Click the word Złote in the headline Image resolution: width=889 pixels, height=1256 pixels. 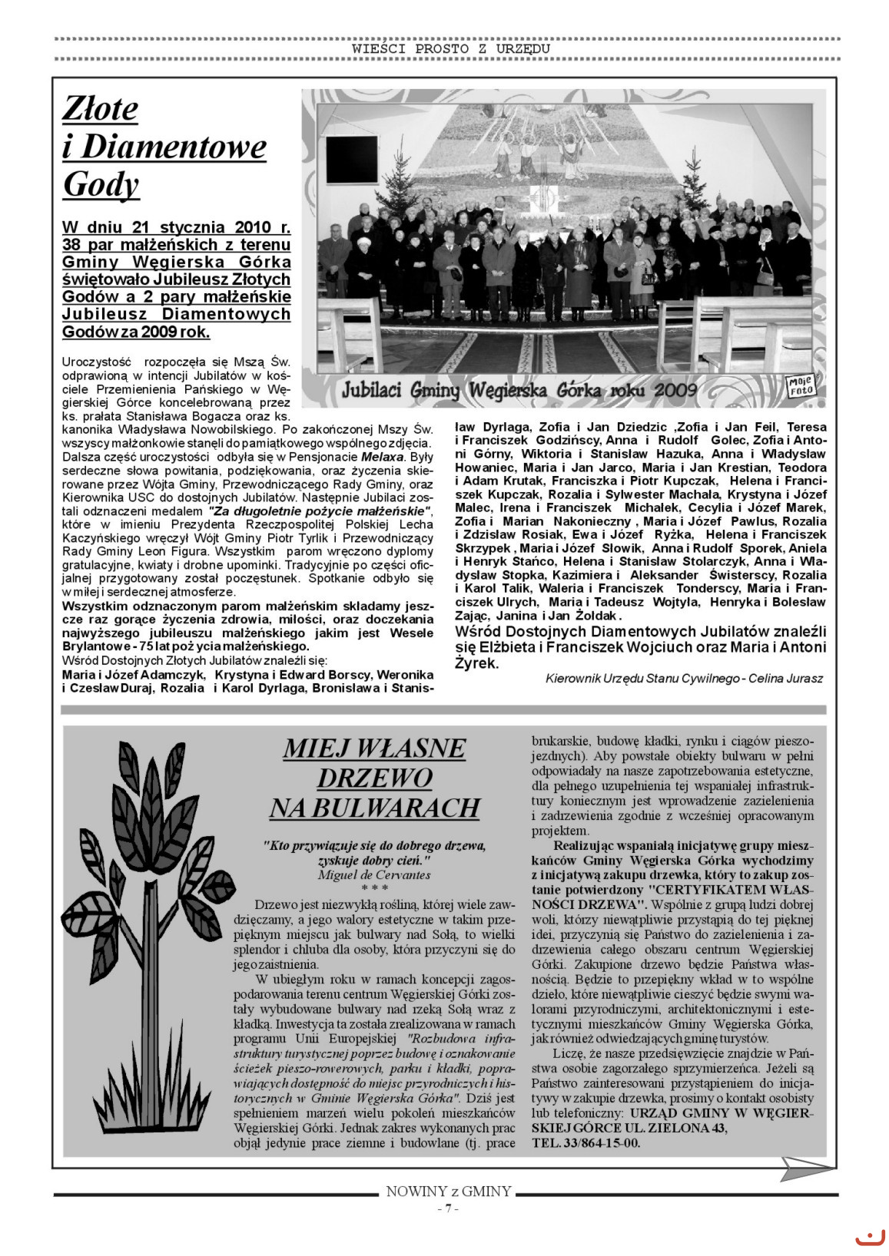[x=100, y=109]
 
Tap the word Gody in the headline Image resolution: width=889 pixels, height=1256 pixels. [x=101, y=184]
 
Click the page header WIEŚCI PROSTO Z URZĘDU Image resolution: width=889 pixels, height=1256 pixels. [x=451, y=48]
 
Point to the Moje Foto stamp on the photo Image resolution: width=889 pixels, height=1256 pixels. [x=800, y=385]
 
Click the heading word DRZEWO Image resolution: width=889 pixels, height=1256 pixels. [x=374, y=778]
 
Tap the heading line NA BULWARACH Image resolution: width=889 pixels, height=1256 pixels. [x=374, y=808]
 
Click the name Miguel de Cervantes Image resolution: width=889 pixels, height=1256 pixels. [x=374, y=874]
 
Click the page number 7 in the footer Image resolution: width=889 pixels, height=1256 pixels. [x=447, y=1208]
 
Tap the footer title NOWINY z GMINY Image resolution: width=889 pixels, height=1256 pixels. [x=448, y=1192]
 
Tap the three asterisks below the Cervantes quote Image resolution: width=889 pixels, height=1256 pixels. [x=374, y=888]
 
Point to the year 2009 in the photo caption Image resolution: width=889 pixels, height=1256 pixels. [x=675, y=390]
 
